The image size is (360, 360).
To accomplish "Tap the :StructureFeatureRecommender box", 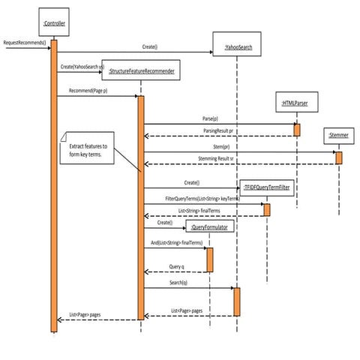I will pos(142,70).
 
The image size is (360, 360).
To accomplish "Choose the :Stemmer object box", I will pos(337,136).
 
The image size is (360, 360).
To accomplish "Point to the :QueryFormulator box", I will pos(209,226).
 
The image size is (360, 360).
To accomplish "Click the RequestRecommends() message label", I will pos(24,42).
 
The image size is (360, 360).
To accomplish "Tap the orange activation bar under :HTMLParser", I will pos(297,129).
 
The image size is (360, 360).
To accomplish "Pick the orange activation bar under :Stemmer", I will pos(338,158).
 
